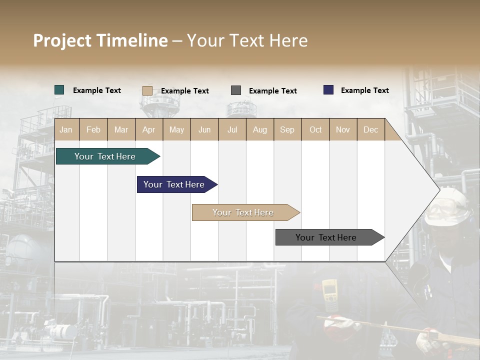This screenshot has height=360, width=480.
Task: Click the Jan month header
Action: pos(66,129)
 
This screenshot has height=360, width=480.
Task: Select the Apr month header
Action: pos(149,129)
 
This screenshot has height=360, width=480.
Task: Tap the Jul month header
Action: pos(232,129)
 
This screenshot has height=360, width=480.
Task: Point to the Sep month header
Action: pos(287,129)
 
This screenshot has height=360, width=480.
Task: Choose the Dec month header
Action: pos(370,129)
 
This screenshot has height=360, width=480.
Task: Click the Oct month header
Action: pos(315,129)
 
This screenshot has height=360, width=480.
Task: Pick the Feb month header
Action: pos(93,129)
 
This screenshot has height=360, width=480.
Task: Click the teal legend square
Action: pos(59,90)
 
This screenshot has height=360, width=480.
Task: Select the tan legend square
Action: pos(147,90)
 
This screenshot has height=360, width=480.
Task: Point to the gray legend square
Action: pos(236,90)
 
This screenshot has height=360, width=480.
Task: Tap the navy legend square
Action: pos(328,90)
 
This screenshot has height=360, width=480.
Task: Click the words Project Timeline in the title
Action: pos(100,40)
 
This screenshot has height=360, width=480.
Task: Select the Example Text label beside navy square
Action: pos(364,90)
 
